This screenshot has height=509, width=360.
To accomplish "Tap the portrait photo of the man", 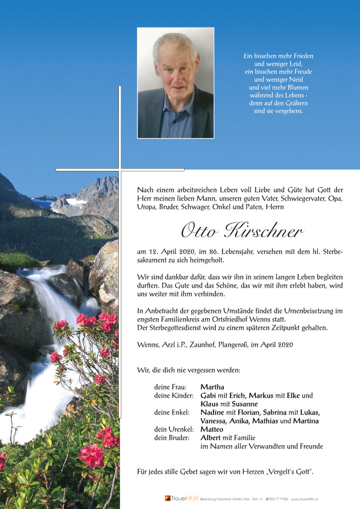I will (175, 83).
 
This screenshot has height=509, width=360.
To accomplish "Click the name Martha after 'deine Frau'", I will (212, 387).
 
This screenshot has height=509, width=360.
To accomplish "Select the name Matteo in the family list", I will (212, 429).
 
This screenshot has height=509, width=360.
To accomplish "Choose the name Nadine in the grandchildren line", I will (213, 413).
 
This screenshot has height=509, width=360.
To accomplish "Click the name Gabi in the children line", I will (208, 396).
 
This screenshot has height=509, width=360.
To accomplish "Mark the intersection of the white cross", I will (120, 169).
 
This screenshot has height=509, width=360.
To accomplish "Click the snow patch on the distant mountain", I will (76, 202).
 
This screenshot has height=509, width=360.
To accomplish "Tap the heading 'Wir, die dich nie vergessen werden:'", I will (189, 370).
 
